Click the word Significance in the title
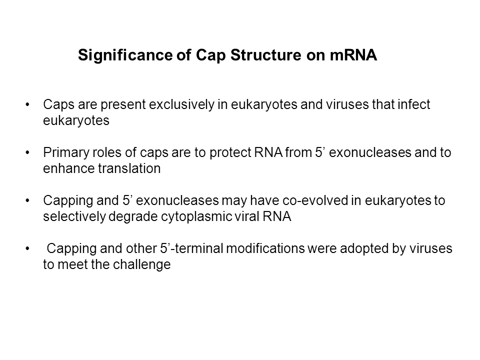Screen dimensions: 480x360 [x=125, y=55]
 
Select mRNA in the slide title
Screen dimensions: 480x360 [x=353, y=55]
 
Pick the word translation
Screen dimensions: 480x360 [x=129, y=168]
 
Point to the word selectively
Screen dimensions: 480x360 [x=74, y=216]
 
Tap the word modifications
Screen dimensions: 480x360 [x=265, y=248]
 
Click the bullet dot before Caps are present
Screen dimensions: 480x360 [x=27, y=104]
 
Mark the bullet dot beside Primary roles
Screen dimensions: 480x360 [x=27, y=153]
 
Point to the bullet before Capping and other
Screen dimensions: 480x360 [x=27, y=249]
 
